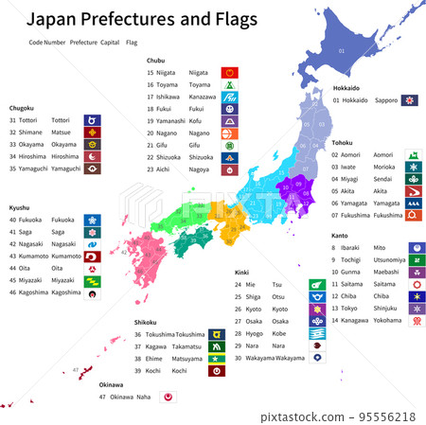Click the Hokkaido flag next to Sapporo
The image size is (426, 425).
pos(410,99)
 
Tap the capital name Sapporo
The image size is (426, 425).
pos(385,99)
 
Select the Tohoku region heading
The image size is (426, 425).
pos(342,142)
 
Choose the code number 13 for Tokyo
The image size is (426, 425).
pos(335,308)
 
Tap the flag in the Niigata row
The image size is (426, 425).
pos(229,72)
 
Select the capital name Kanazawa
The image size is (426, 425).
pos(203,97)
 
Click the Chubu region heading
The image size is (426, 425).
pos(156,60)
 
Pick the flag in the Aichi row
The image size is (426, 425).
pos(229,169)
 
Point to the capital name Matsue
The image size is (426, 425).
pos(60,133)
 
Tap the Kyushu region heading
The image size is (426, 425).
pos(21,206)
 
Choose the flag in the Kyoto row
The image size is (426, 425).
pos(316,309)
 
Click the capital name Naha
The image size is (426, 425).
pos(144,397)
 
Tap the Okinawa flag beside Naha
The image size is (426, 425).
pos(169,398)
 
